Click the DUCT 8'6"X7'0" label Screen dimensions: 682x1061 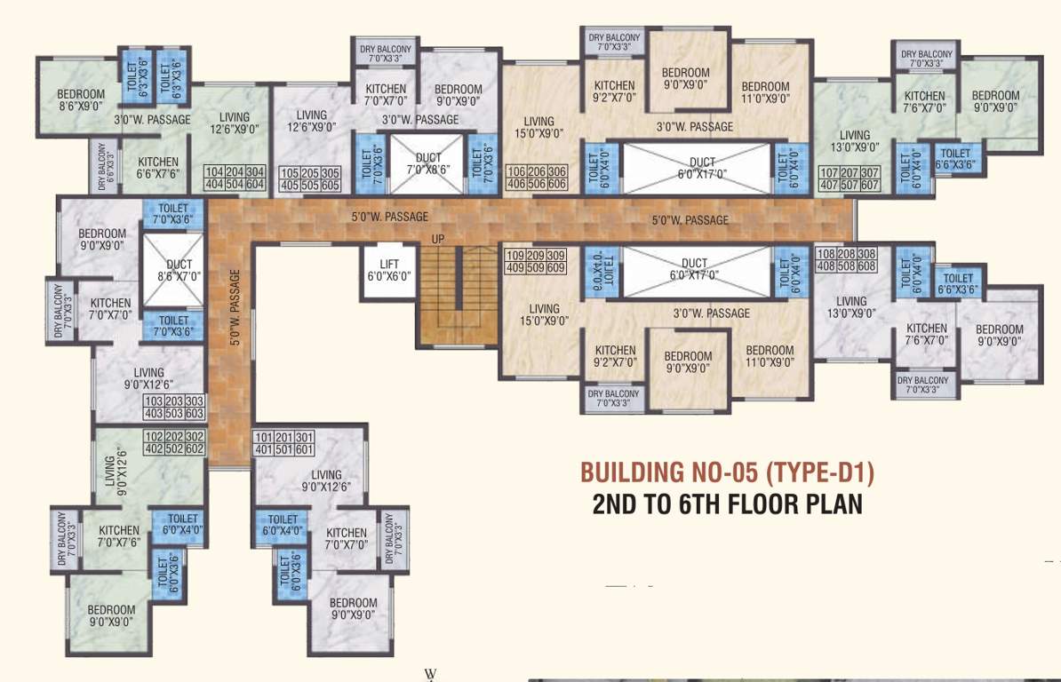(179, 271)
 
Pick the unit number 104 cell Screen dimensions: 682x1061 (215, 172)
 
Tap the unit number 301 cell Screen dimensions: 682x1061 (304, 437)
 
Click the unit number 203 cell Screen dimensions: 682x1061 (174, 402)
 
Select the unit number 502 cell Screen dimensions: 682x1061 (174, 448)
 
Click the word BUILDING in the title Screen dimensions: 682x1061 (635, 472)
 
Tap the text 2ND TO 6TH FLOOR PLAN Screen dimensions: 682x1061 (727, 504)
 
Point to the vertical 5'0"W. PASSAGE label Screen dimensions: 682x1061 (235, 306)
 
